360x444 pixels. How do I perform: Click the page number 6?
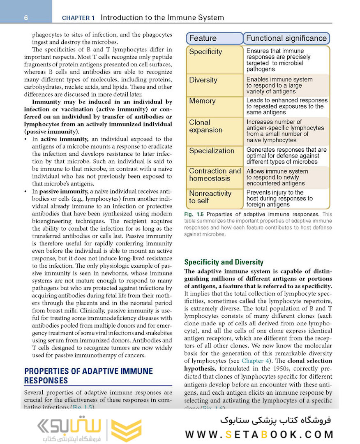coord(26,18)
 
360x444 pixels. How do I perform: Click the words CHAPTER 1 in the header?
coord(78,18)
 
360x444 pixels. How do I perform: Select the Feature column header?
coord(215,38)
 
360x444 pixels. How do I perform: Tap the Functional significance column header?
coord(286,38)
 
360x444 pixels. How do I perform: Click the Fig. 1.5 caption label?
coord(194,215)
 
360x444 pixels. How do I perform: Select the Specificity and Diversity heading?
coord(224,262)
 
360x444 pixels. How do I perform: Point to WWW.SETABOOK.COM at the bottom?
coord(259,435)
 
